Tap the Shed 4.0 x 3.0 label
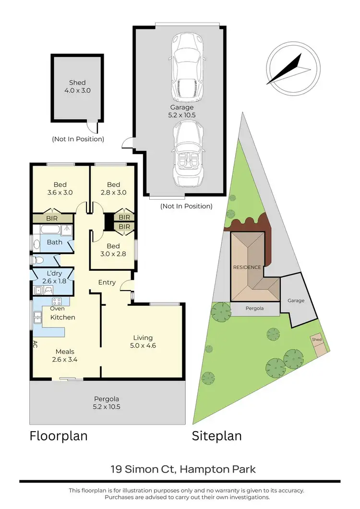click(77, 86)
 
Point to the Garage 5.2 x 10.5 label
click(181, 111)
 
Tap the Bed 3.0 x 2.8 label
click(113, 250)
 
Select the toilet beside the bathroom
click(38, 260)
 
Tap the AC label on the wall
click(35, 344)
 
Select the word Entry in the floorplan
click(107, 282)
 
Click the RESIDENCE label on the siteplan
click(247, 267)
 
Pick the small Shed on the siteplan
click(317, 340)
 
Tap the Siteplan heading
click(216, 436)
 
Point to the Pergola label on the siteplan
click(255, 310)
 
